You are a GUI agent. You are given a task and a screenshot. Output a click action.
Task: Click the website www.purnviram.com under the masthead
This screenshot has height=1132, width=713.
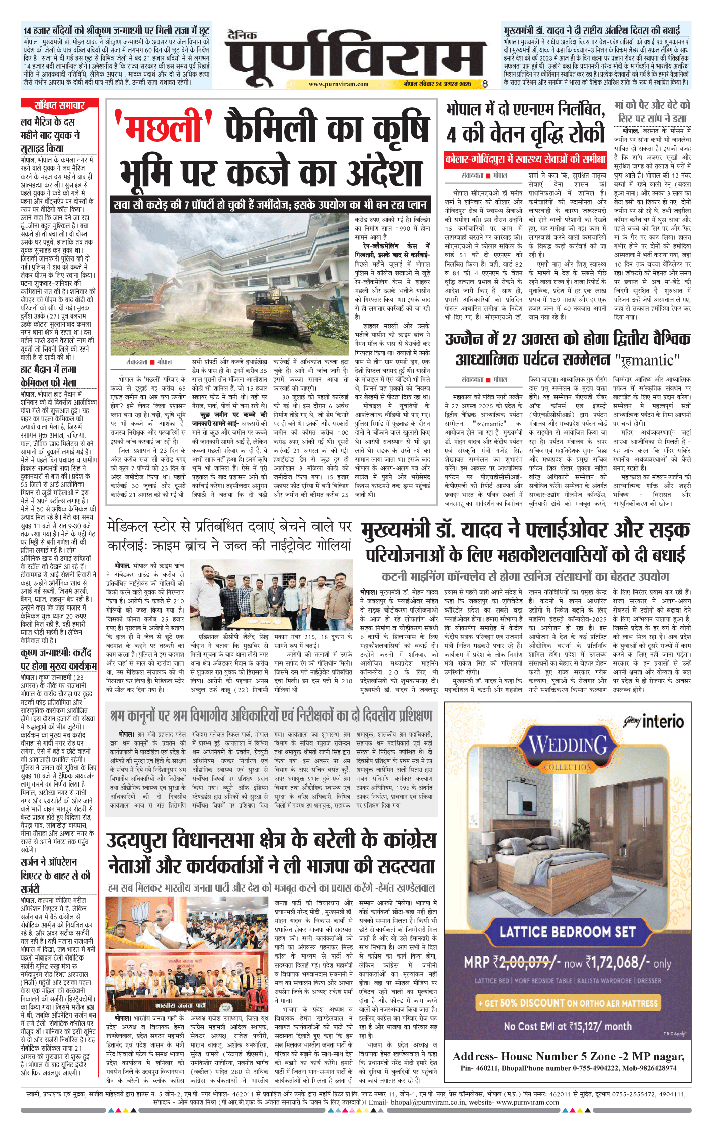pos(338,84)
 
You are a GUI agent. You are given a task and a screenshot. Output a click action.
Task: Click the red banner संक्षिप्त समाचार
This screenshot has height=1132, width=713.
pos(59,105)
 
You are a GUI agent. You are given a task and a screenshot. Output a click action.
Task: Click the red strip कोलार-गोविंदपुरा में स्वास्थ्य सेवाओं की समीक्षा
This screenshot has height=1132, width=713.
pos(525,160)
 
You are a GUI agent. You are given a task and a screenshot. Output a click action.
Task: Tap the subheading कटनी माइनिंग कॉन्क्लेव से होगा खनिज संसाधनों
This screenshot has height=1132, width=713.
pos(525,576)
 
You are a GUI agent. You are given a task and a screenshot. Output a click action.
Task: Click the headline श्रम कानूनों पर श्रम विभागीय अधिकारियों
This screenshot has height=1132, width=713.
pos(271,715)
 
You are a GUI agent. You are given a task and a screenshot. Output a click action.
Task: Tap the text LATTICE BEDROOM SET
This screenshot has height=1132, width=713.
pos(568,931)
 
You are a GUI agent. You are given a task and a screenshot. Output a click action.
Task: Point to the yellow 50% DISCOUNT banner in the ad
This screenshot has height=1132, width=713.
pos(568,1003)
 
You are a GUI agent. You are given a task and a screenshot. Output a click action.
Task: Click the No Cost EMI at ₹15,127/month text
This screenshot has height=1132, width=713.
pos(568,1026)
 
